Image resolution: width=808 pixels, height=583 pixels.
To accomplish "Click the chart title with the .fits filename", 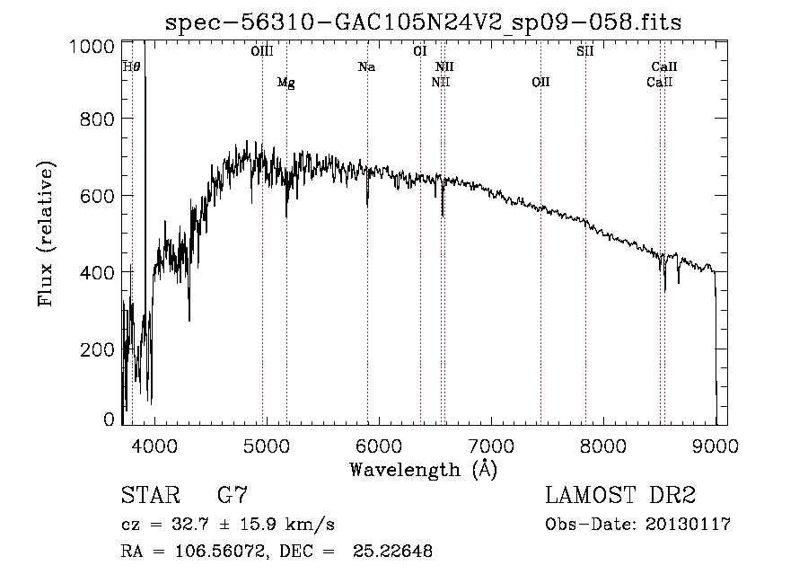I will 424,22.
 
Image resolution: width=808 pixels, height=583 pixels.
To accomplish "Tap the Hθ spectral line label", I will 131,66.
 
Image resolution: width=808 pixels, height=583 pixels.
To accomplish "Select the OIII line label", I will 261,51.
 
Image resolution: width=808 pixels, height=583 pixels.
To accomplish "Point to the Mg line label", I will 285,83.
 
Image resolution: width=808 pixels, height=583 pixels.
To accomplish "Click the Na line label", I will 366,66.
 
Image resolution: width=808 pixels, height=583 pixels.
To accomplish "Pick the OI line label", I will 419,51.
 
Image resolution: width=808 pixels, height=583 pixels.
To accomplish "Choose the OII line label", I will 540,83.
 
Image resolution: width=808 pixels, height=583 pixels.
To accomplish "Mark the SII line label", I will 584,51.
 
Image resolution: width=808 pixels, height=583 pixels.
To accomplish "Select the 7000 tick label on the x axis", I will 491,446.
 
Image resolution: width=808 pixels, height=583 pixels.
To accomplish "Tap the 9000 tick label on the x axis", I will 716,446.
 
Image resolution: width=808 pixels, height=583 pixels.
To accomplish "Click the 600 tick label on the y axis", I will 97,196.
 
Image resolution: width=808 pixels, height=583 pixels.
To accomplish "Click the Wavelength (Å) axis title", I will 423,470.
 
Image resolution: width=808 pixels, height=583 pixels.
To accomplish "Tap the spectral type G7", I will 233,495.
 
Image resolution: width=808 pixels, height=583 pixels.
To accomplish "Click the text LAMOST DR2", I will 620,495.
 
